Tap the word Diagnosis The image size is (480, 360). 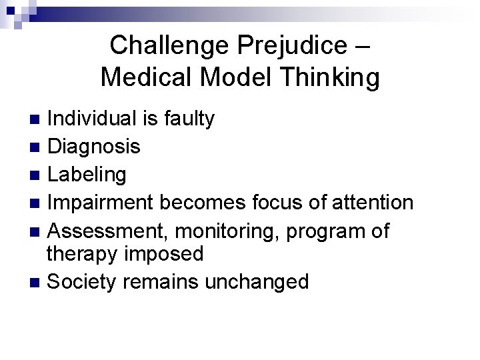[95, 146]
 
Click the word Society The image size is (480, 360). [85, 281]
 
